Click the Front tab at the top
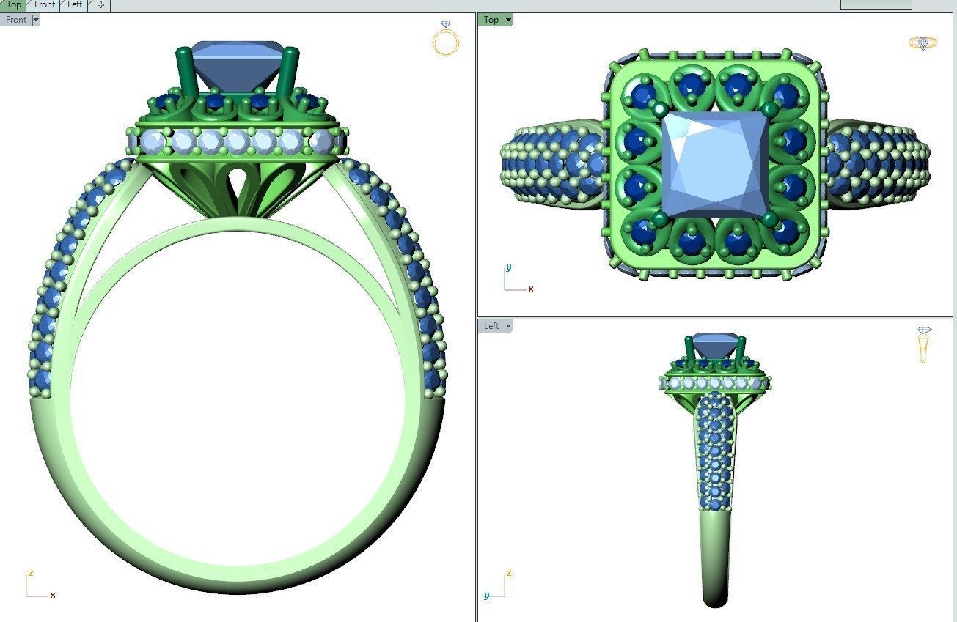(x=45, y=4)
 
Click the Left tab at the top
(x=75, y=4)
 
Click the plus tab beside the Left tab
(x=100, y=5)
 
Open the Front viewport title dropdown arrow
(x=35, y=20)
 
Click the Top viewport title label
(x=491, y=20)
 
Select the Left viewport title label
(x=491, y=326)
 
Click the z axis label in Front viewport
(x=31, y=573)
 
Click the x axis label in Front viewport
(x=53, y=595)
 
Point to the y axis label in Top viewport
(x=508, y=267)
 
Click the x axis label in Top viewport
(x=531, y=289)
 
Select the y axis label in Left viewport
(x=485, y=596)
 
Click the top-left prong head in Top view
(x=660, y=109)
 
